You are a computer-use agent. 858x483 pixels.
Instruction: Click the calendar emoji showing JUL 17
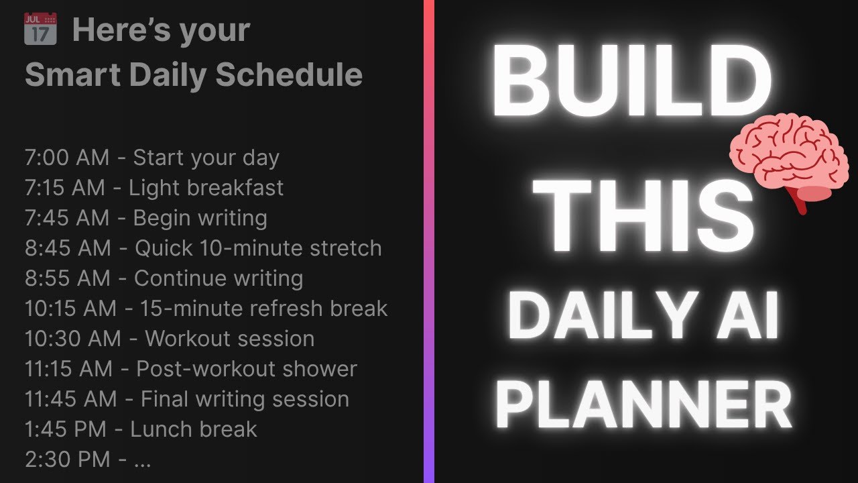click(x=40, y=29)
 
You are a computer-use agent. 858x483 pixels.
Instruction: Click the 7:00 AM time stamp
click(x=66, y=158)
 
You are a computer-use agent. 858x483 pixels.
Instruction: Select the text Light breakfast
click(x=206, y=188)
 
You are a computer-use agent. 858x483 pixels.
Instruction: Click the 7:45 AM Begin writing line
click(x=145, y=218)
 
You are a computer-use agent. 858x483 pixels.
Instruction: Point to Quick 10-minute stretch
click(x=258, y=248)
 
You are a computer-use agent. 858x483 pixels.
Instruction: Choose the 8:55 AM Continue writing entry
click(x=164, y=278)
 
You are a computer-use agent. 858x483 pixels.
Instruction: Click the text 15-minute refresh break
click(x=263, y=309)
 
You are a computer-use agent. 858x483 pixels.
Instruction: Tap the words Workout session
click(x=229, y=339)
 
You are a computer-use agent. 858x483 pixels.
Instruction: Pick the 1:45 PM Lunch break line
click(x=141, y=429)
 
